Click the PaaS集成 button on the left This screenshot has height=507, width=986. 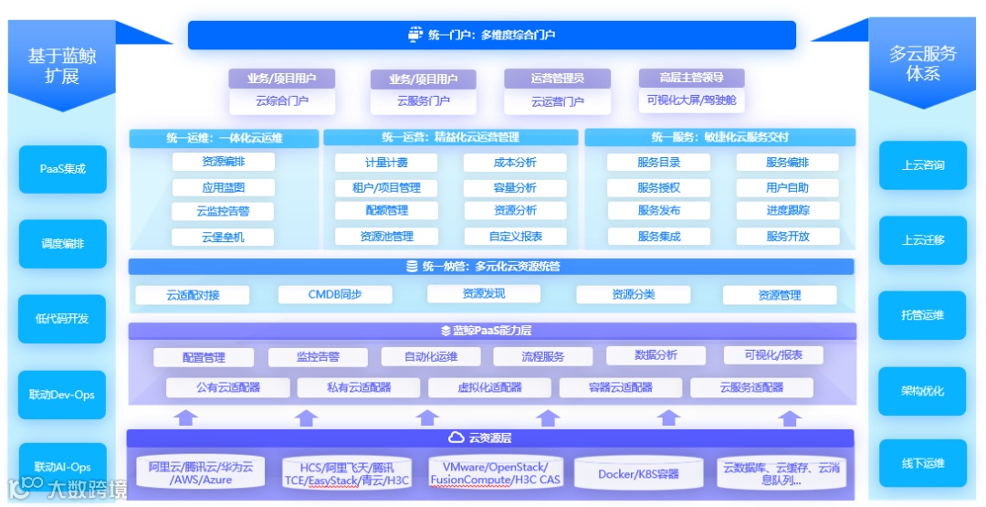point(62,169)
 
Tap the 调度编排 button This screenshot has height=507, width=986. point(62,244)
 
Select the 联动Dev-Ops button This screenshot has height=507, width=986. point(62,395)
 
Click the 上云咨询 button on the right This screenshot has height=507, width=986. point(923,165)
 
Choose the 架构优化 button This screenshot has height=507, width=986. point(923,391)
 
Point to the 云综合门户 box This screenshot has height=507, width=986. point(282,101)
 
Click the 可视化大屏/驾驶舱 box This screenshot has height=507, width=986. point(691,101)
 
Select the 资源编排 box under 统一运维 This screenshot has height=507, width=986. point(223,163)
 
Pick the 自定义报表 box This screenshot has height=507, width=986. point(515,236)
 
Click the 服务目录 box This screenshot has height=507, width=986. point(658,163)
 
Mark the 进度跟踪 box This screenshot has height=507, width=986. point(787,211)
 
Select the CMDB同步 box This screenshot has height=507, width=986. point(334,294)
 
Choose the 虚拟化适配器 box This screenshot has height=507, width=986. point(490,387)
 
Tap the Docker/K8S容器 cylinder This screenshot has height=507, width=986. point(638,474)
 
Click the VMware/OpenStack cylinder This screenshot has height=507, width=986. point(496,472)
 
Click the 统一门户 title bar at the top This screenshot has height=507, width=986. point(491,36)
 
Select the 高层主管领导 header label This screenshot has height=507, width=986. point(691,78)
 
